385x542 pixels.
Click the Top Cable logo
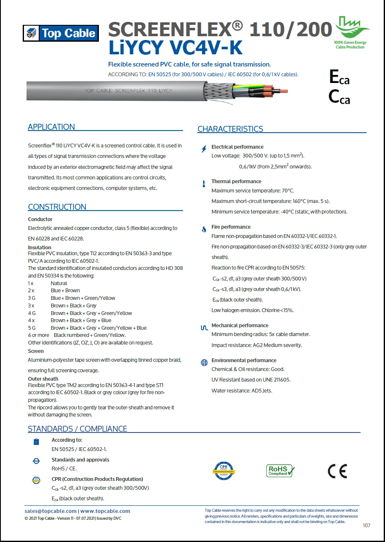tap(61, 33)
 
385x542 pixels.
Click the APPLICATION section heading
tap(51, 127)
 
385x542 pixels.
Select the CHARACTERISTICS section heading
tap(230, 129)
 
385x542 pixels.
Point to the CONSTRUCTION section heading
tap(57, 207)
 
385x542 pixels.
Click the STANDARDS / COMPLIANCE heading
tap(77, 429)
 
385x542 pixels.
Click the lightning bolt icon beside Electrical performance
tap(204, 148)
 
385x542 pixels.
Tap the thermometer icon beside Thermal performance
tap(204, 183)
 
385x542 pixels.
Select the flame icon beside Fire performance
tap(204, 229)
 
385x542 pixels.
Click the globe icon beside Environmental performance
tap(204, 362)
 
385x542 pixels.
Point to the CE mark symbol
tap(337, 470)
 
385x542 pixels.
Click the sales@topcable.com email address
tap(50, 511)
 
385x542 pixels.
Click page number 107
tap(366, 525)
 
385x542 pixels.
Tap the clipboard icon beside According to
tap(36, 442)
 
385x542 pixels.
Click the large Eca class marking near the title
tap(339, 78)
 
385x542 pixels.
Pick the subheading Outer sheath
tap(43, 379)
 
